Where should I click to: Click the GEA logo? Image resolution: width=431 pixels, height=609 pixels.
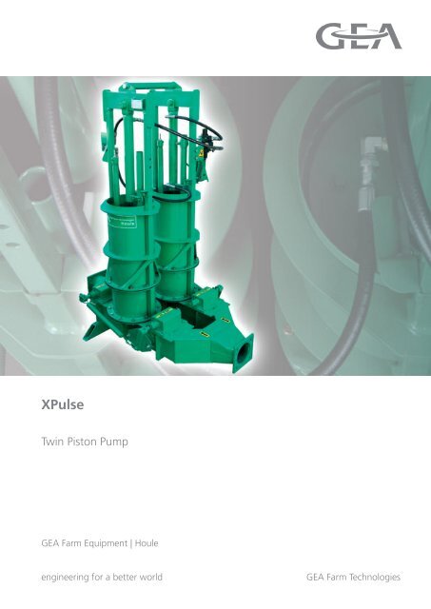pos(359,36)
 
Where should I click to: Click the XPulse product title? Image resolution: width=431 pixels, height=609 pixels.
pos(63,404)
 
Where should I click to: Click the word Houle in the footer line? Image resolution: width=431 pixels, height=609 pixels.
pos(147,543)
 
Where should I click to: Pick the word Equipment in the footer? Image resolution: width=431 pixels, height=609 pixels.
pos(107,543)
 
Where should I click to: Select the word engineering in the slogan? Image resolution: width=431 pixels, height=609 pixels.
pos(66,578)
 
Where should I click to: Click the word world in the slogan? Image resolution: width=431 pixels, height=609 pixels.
pos(150,578)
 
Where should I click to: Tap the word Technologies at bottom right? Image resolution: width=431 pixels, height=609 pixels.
pos(375,578)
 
